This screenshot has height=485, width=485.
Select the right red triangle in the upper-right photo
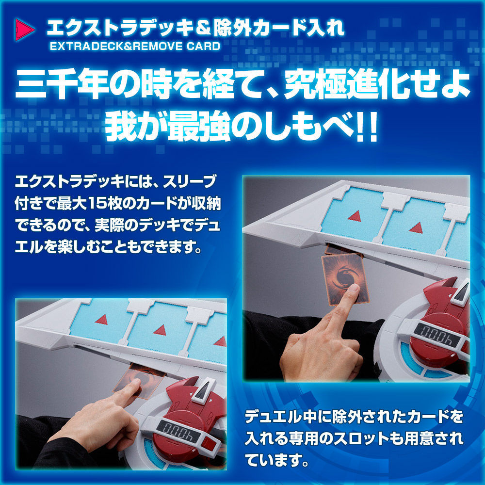(416, 227)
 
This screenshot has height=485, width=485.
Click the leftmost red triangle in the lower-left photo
(102, 319)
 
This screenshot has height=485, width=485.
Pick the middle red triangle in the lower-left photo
(160, 330)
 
